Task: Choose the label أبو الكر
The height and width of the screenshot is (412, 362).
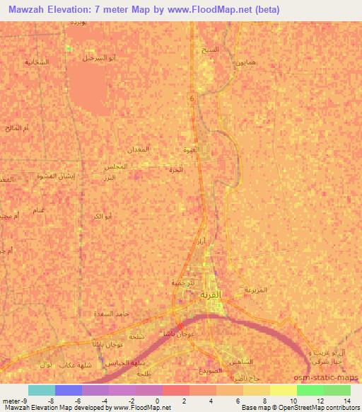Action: coord(103,215)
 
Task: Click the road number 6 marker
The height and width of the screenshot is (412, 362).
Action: coord(191,99)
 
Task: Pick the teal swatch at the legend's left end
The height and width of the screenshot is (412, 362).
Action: coord(41,390)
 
